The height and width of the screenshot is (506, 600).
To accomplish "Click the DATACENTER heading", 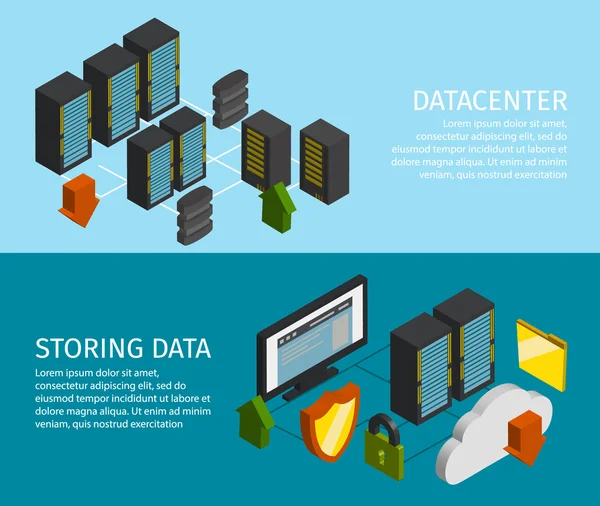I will pyautogui.click(x=489, y=100).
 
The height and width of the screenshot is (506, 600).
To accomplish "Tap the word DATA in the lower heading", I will pyautogui.click(x=181, y=349).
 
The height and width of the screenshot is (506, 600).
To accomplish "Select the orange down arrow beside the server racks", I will pyautogui.click(x=79, y=198).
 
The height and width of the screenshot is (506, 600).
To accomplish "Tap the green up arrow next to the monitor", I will pyautogui.click(x=255, y=420).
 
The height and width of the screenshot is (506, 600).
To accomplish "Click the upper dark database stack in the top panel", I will pyautogui.click(x=230, y=99).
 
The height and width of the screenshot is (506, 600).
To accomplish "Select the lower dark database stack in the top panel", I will pyautogui.click(x=194, y=216).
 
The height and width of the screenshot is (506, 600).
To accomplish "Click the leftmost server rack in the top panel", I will pyautogui.click(x=63, y=126).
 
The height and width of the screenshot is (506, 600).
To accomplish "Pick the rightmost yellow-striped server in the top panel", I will pyautogui.click(x=323, y=159).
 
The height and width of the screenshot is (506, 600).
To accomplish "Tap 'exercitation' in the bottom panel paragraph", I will pyautogui.click(x=153, y=424).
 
